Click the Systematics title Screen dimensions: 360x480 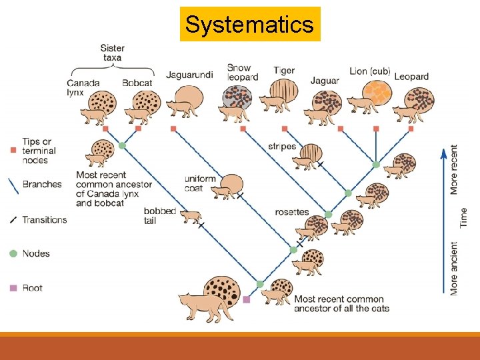pos(249,25)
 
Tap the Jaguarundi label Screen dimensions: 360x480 pos(189,75)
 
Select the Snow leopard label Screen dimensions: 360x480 pos(239,73)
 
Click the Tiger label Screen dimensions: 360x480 pos(284,71)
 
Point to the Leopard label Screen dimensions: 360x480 pos(411,77)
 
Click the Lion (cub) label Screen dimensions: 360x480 pos(370,71)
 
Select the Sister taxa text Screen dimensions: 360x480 pos(112,53)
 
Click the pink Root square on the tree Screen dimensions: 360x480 pos(247,299)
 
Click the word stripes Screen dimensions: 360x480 pos(282,147)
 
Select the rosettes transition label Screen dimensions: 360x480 pos(292,212)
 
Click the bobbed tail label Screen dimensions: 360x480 pos(159,215)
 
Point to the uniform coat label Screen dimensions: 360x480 pos(200,183)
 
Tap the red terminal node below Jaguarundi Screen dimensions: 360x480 pos(173,128)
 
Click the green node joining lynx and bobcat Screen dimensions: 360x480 pos(122,145)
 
